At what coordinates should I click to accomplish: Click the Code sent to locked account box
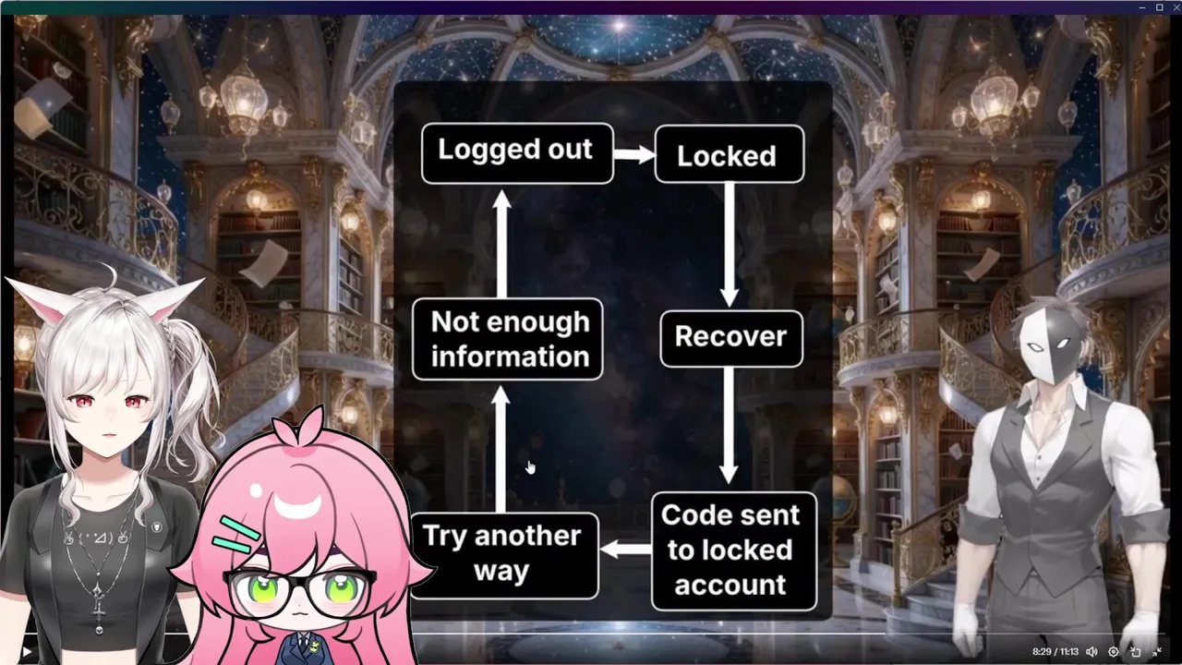[733, 550]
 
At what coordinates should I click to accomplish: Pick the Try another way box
[503, 554]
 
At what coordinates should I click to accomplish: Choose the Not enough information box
[508, 339]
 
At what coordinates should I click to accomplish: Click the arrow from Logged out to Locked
[633, 154]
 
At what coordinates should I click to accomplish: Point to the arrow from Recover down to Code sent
[730, 424]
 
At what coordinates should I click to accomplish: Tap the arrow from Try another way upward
[501, 449]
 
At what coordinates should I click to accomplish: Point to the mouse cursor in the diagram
[530, 467]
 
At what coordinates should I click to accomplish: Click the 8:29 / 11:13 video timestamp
[1055, 652]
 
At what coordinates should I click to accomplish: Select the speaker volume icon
[1092, 652]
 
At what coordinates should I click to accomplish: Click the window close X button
[1175, 7]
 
